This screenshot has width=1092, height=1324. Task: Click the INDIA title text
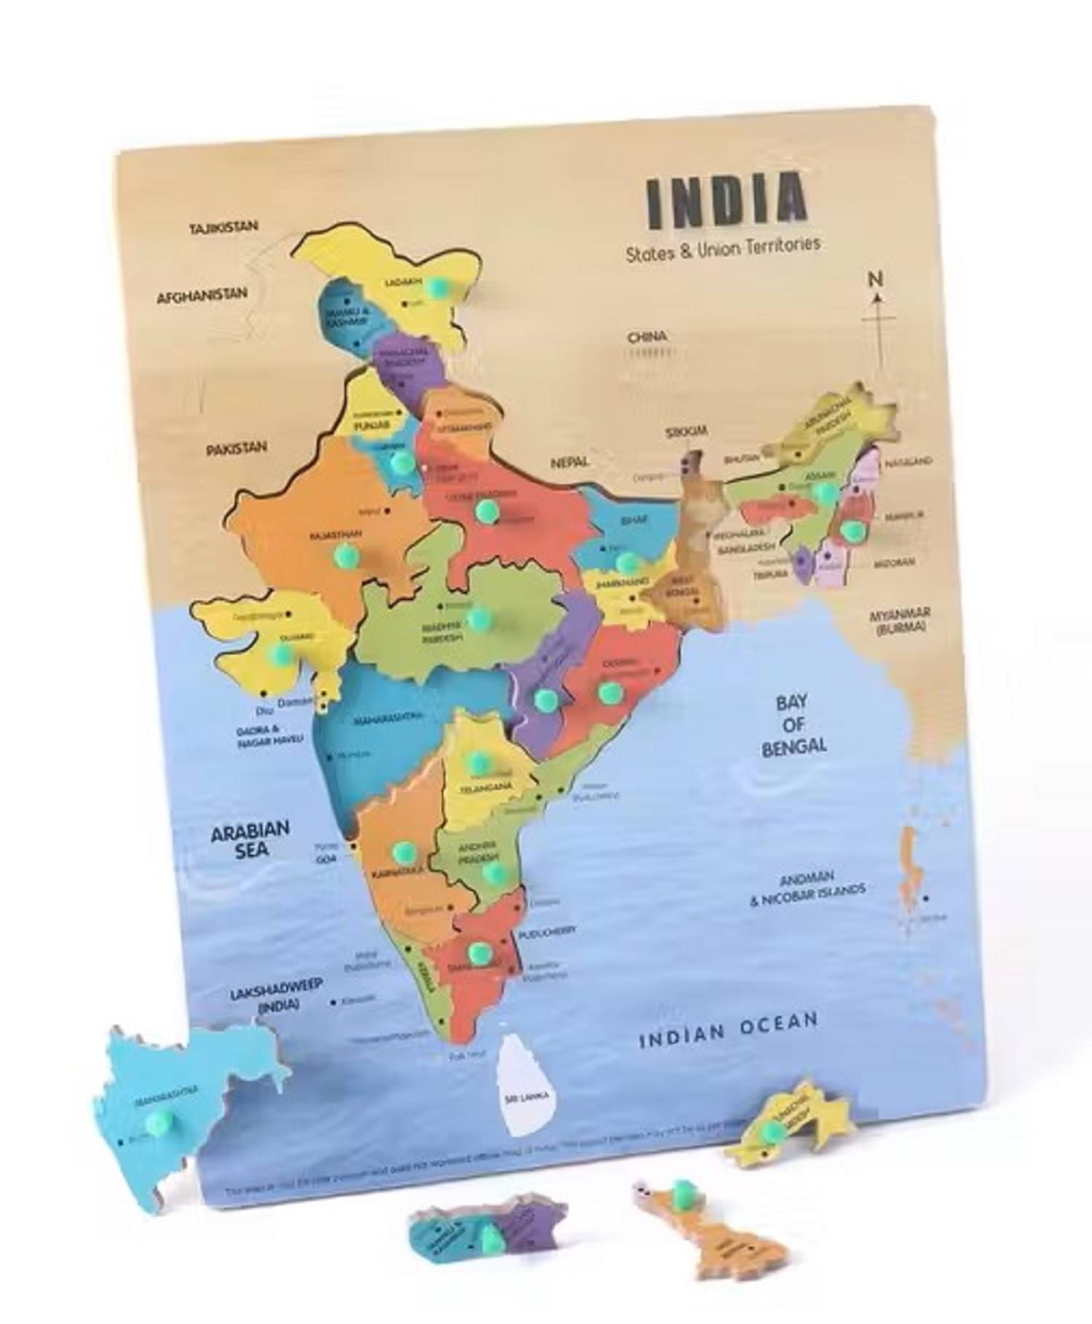pos(727,197)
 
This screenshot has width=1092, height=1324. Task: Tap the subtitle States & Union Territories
pos(723,247)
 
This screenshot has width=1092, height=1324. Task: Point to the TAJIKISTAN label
pos(223,227)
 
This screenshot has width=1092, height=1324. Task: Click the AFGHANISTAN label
pos(202,295)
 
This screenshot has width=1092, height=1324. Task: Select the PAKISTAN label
pos(236,449)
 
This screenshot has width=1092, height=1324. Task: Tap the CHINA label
pos(646,336)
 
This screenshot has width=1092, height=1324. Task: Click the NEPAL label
pos(569,462)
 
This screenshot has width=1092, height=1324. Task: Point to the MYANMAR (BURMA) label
pos(900,620)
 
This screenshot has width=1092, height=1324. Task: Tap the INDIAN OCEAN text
pos(728,1028)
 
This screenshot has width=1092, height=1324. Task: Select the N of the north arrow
pos(876,279)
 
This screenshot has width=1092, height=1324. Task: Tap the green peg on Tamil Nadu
pos(478,951)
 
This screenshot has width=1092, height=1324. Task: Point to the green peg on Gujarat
pos(279,654)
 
